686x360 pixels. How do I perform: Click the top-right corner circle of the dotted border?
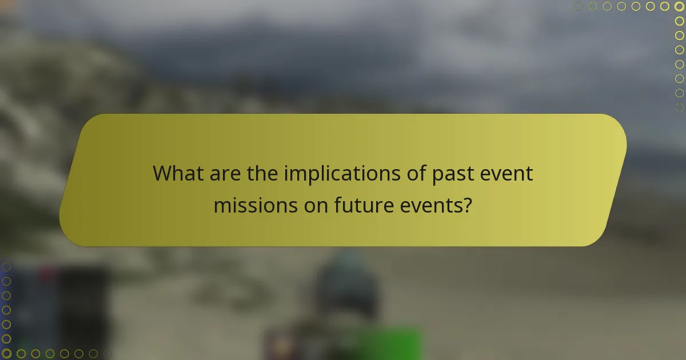click(x=679, y=6)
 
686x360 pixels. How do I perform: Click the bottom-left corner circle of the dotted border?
click(x=6, y=354)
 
